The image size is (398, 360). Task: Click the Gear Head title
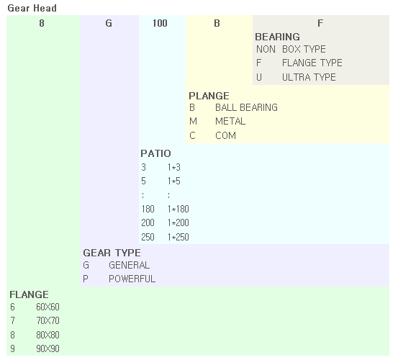[x=32, y=9]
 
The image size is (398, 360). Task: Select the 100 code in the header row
[x=160, y=23]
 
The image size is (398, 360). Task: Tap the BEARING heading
[x=277, y=37]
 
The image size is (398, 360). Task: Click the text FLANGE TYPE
[x=312, y=63]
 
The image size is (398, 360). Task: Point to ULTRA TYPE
[x=309, y=77]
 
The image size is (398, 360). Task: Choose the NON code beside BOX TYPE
[x=266, y=49]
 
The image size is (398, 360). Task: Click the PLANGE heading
[x=209, y=96]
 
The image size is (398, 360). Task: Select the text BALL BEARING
[x=246, y=108]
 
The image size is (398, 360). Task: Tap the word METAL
[x=230, y=122]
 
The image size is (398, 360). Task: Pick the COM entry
[x=225, y=135]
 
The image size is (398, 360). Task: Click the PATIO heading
[x=155, y=153]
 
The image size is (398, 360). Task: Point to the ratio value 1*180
[x=178, y=210]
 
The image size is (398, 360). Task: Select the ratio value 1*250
[x=178, y=237]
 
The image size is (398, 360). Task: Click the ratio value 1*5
[x=174, y=181]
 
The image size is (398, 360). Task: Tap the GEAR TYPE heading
[x=112, y=253]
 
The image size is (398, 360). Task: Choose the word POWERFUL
[x=132, y=279]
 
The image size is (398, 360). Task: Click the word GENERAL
[x=130, y=265]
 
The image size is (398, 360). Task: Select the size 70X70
[x=48, y=321]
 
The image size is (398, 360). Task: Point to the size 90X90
[x=48, y=348]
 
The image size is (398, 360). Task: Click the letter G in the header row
[x=109, y=23]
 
